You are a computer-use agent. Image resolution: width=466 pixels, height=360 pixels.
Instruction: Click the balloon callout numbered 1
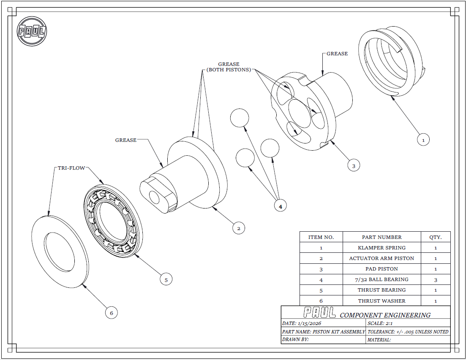click(x=423, y=140)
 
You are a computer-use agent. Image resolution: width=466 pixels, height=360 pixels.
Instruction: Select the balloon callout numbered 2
click(x=239, y=228)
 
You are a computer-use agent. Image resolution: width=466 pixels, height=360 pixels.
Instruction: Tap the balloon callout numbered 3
click(x=354, y=165)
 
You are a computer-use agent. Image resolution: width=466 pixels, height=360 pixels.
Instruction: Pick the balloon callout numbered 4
click(x=280, y=206)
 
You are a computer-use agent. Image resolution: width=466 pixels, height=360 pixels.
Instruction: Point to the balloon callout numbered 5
click(x=166, y=279)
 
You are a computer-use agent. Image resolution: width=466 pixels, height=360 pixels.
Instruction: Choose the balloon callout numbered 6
click(x=112, y=313)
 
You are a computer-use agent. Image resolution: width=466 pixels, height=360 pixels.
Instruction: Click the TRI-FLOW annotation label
click(x=71, y=168)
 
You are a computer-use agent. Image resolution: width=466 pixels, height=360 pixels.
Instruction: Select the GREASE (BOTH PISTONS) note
click(x=229, y=67)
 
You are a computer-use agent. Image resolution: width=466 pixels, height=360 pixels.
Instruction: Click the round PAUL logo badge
click(x=32, y=31)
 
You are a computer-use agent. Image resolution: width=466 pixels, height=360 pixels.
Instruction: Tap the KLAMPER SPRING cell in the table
click(x=382, y=247)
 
